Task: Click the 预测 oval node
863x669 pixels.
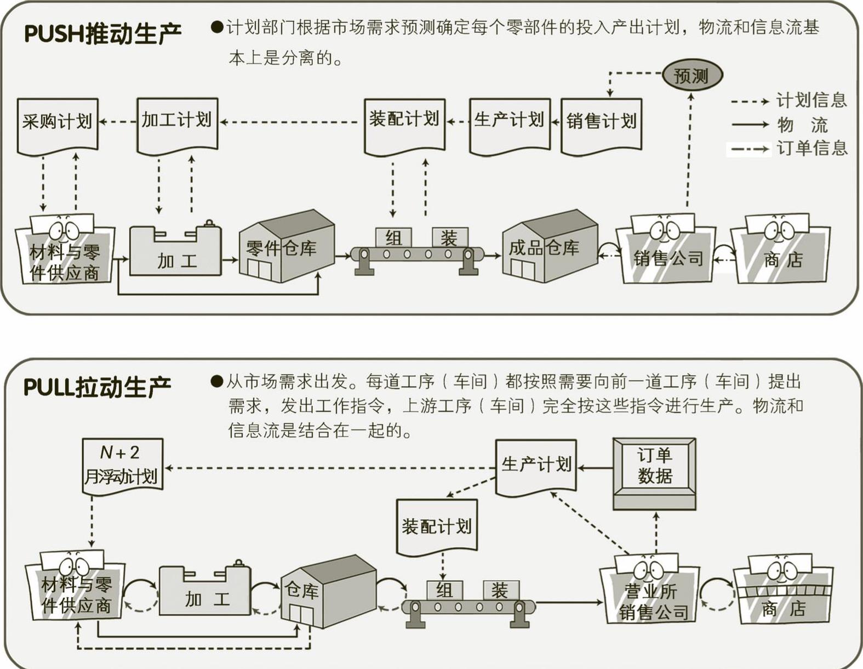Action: (x=691, y=76)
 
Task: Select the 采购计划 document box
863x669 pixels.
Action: (x=58, y=123)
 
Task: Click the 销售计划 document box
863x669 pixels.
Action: (x=602, y=123)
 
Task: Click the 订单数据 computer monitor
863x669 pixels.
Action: (x=654, y=472)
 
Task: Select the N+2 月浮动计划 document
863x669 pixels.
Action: (x=122, y=465)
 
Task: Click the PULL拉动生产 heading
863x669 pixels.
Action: (x=98, y=387)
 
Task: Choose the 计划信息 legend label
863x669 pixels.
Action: (x=811, y=100)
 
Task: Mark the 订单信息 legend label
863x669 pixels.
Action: (x=811, y=148)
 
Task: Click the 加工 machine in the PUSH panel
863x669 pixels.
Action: (x=176, y=252)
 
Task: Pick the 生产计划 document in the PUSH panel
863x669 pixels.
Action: (x=510, y=123)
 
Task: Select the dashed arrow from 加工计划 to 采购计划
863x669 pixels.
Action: (x=117, y=121)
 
